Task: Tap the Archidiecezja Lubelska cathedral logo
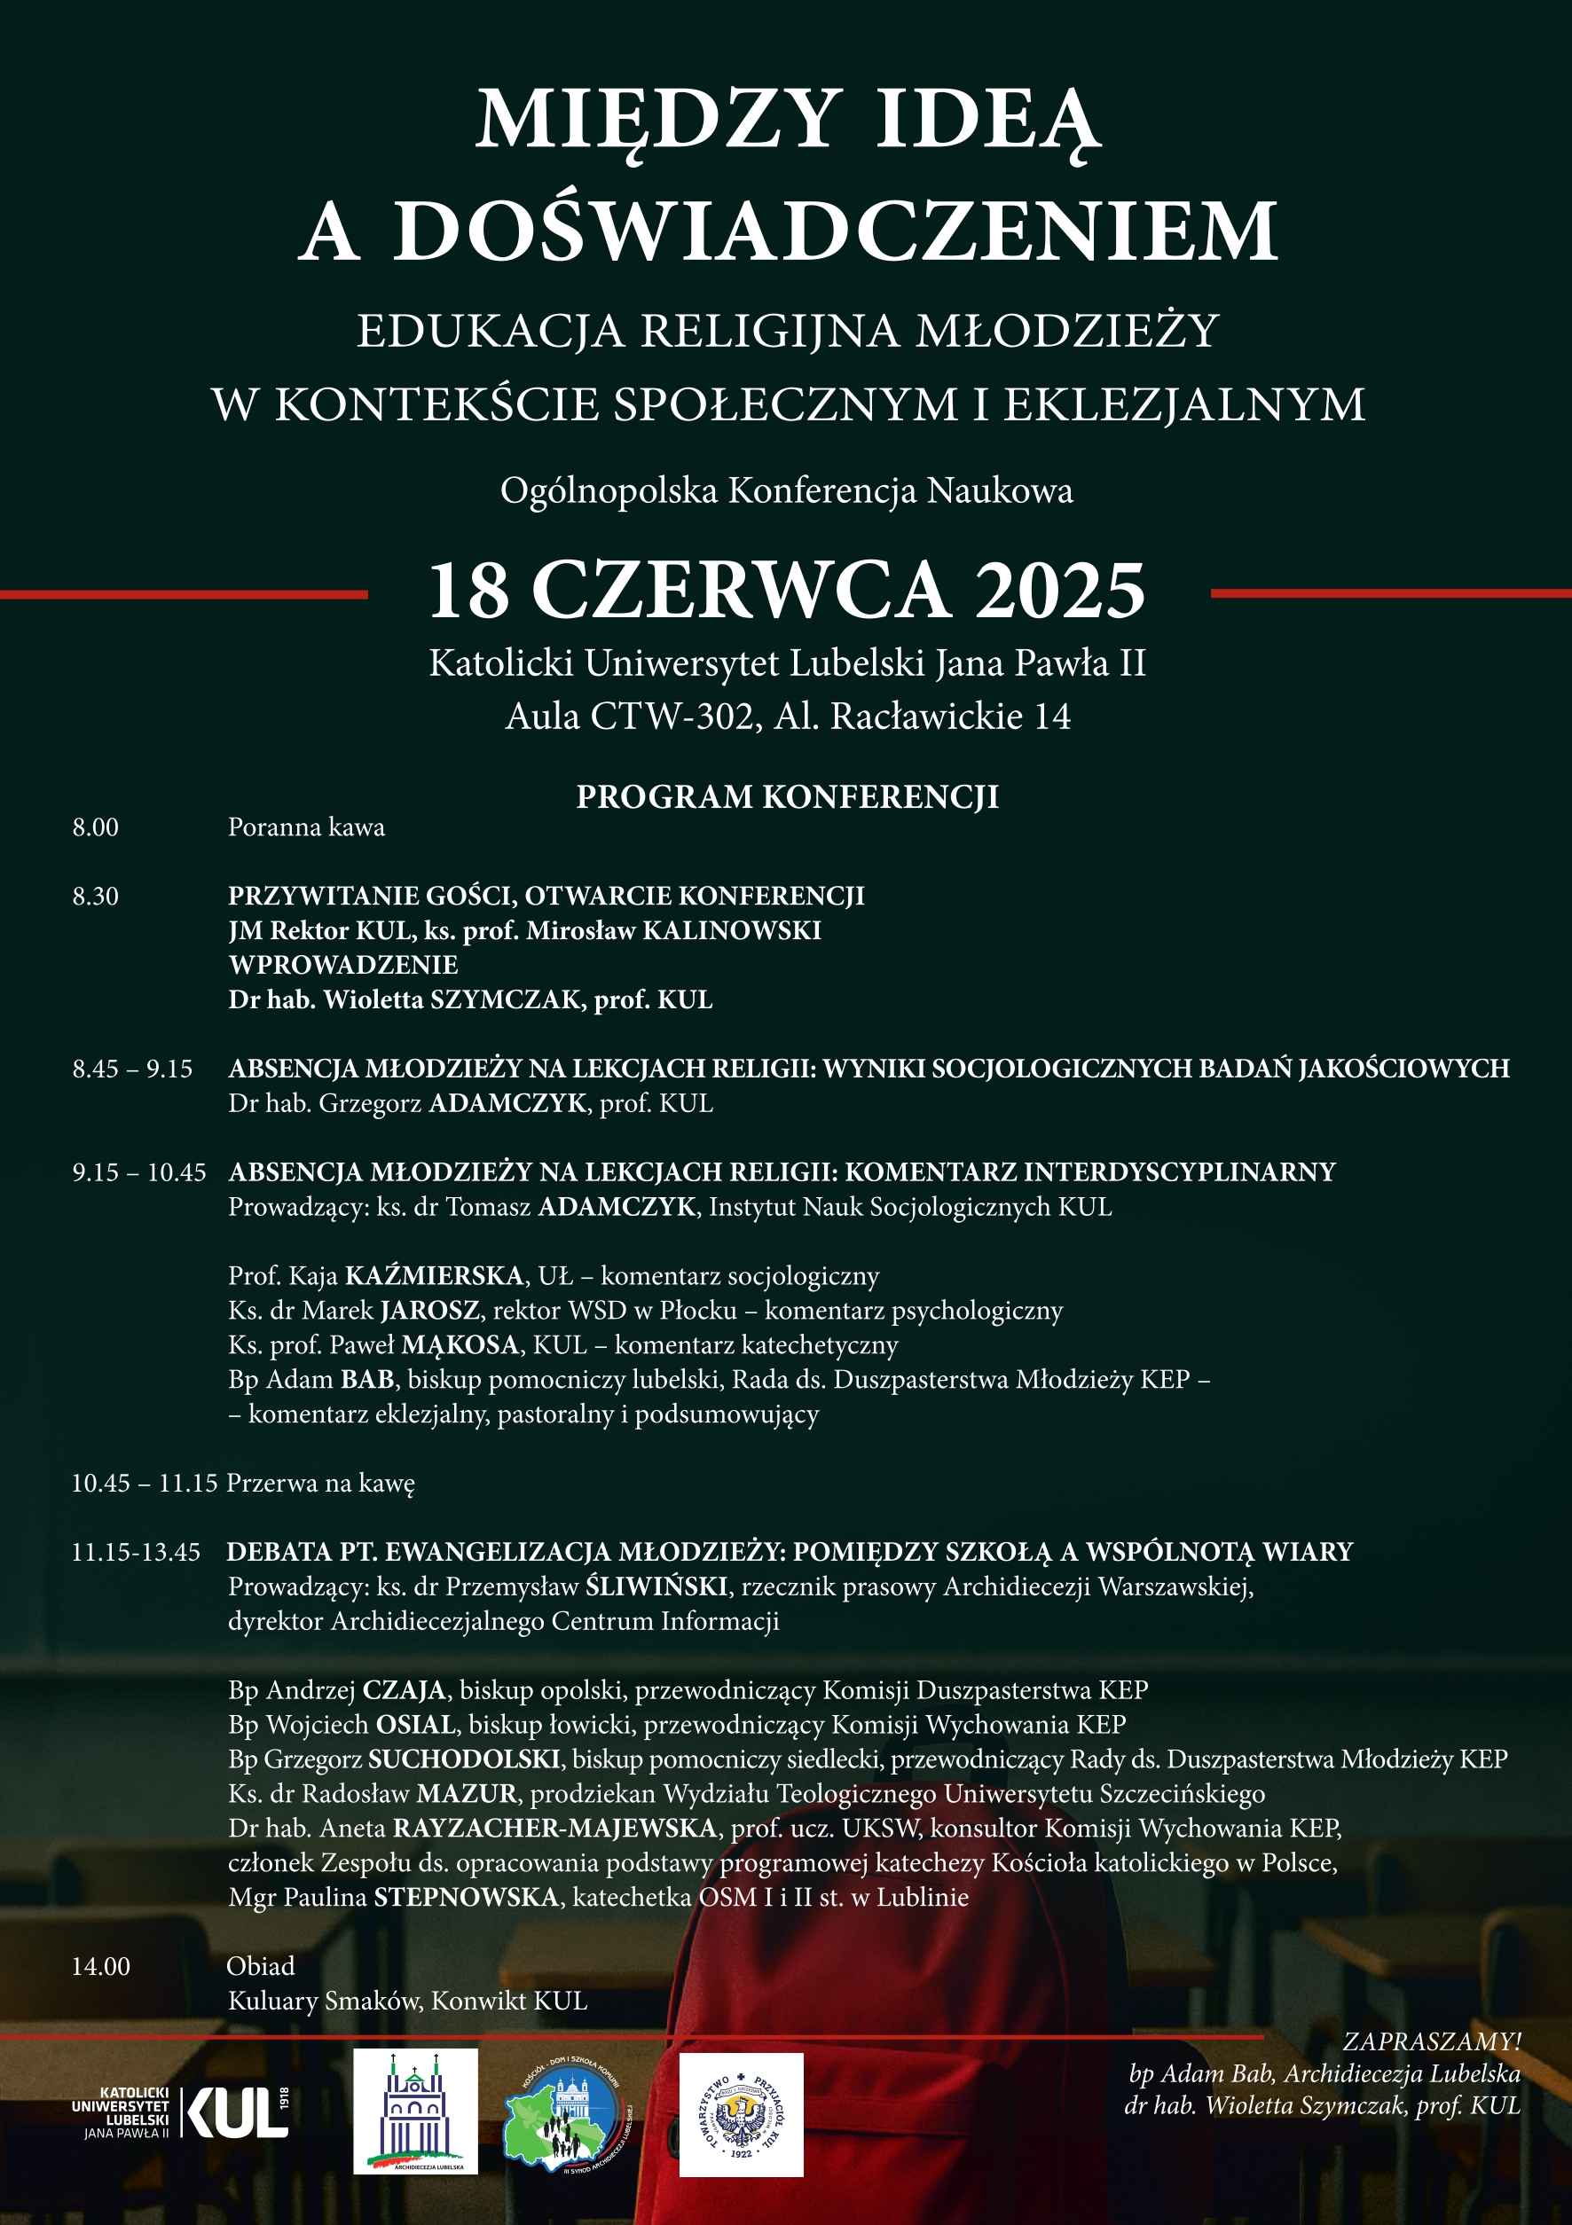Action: (415, 2113)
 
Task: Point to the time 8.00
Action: (95, 827)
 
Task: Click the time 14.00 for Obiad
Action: (101, 1966)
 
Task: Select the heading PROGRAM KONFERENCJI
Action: (787, 796)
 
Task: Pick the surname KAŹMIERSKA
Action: (434, 1276)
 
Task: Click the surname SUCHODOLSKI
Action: (464, 1759)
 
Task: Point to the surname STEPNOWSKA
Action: (466, 1897)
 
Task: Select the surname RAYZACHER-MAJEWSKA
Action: (554, 1828)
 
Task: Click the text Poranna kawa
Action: (306, 827)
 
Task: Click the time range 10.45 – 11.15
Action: (145, 1483)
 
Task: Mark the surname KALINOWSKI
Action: (732, 930)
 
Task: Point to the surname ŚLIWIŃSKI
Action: (657, 1586)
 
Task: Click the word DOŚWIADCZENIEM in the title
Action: (835, 232)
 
